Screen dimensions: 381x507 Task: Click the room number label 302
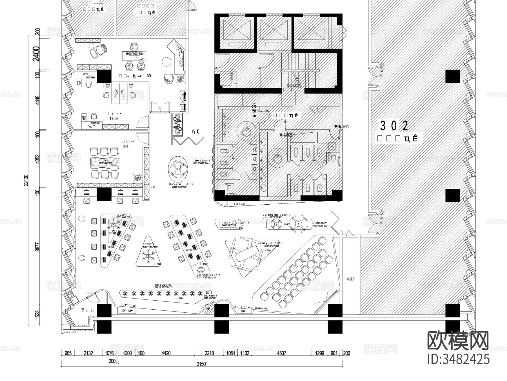(x=394, y=126)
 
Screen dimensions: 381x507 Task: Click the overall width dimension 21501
(x=202, y=364)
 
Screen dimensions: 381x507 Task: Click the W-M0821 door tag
(x=341, y=127)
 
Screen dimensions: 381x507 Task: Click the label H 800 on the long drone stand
(x=179, y=298)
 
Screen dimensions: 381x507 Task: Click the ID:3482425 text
(x=458, y=360)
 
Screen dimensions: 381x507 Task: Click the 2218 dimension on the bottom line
(x=209, y=353)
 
